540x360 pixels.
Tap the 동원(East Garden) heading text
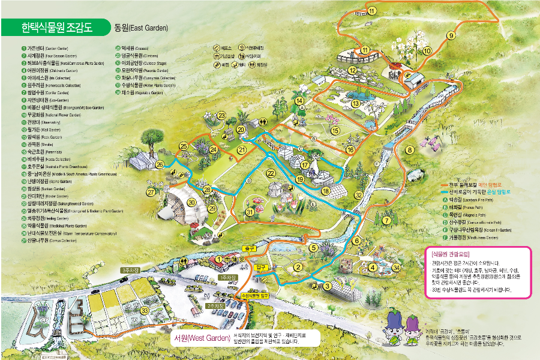141,28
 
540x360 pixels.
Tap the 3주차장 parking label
130,271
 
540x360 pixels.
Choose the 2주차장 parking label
215,306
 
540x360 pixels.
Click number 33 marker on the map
145,310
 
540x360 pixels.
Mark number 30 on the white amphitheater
191,202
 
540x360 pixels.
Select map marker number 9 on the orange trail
451,36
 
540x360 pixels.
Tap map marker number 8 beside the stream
410,149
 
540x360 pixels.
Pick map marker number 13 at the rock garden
356,104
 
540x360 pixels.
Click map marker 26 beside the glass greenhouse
160,164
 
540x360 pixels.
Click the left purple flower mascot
396,327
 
